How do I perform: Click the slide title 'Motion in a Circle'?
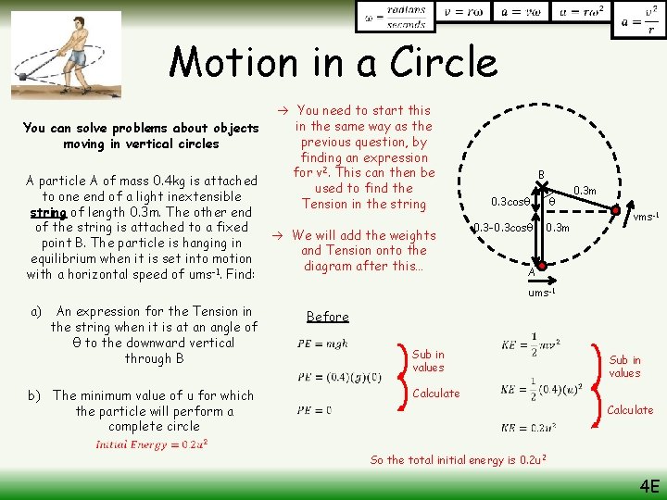coord(333,63)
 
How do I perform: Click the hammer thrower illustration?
coord(68,55)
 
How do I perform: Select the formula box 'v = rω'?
coord(457,13)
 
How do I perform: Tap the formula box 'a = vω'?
coord(520,13)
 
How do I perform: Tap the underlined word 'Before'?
coord(327,317)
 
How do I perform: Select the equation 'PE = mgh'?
coord(323,344)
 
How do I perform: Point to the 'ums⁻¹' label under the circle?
coord(541,293)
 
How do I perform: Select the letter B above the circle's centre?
coord(541,175)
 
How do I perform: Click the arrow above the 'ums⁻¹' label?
coord(541,277)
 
